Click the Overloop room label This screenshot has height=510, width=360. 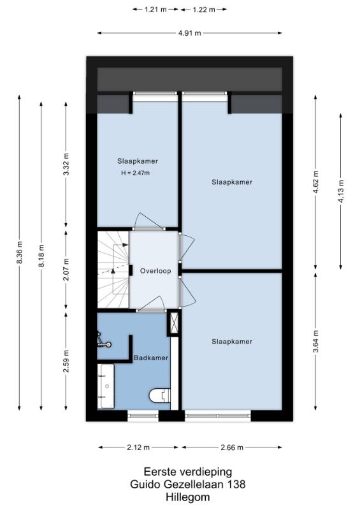(155, 271)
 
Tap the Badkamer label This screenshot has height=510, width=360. (151, 358)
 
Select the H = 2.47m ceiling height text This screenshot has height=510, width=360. (136, 173)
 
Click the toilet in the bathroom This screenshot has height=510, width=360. (160, 395)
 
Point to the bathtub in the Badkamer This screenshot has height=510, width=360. (106, 386)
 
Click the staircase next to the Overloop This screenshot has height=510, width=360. (113, 270)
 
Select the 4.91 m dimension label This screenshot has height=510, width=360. (190, 33)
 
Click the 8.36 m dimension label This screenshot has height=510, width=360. (20, 252)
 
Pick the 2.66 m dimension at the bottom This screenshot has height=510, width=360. (232, 448)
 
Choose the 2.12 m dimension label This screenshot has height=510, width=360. (138, 448)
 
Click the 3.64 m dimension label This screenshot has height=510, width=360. (315, 341)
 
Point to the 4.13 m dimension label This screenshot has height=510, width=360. (341, 191)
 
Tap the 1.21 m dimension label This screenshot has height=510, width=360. (155, 10)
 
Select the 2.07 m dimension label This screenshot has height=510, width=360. (66, 270)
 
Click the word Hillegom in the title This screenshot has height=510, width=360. (187, 497)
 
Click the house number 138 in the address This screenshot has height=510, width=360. (236, 484)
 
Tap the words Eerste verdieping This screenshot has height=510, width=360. (188, 472)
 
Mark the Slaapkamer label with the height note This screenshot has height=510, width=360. (138, 161)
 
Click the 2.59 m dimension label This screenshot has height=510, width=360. (66, 361)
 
